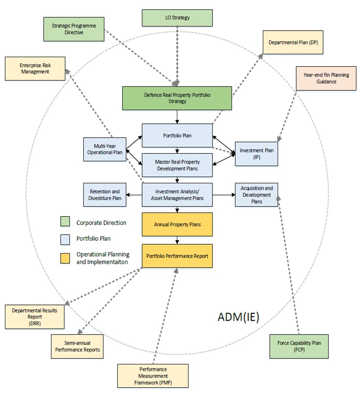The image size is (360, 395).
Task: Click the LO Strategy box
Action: coord(177,18)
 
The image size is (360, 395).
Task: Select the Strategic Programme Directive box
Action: coord(74,29)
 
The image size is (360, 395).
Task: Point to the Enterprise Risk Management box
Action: coord(34,68)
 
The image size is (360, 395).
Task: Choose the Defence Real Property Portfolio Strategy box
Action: coord(177,98)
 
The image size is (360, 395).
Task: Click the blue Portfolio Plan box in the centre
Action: coord(177,135)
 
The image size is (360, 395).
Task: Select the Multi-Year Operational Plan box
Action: coord(104,150)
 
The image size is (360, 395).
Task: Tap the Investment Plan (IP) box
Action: coord(256,154)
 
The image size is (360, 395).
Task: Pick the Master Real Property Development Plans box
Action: coord(177,165)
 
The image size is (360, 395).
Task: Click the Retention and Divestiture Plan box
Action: coord(104,195)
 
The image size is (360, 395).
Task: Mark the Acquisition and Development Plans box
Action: coord(256,195)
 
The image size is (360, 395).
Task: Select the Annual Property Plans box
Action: coord(177,224)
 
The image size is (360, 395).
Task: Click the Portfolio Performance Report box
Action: coord(177,256)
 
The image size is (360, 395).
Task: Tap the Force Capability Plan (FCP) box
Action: coord(298,346)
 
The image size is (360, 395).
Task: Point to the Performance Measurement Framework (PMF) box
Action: coord(153,376)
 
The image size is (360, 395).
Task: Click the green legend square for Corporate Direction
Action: coord(65,222)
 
